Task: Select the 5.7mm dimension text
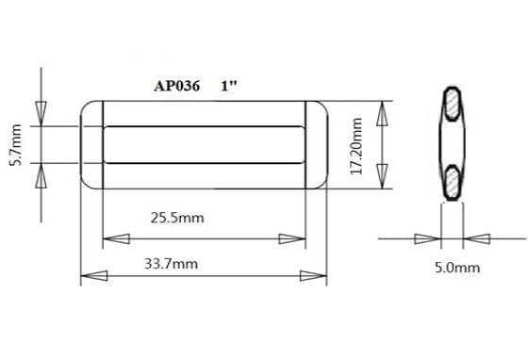tap(13, 144)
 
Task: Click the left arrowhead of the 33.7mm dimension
tap(91, 276)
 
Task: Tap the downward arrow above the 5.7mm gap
tap(40, 113)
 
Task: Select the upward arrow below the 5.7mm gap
tap(40, 173)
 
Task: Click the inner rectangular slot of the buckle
tap(203, 144)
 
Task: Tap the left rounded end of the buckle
tap(91, 144)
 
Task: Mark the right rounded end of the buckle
tap(316, 144)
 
